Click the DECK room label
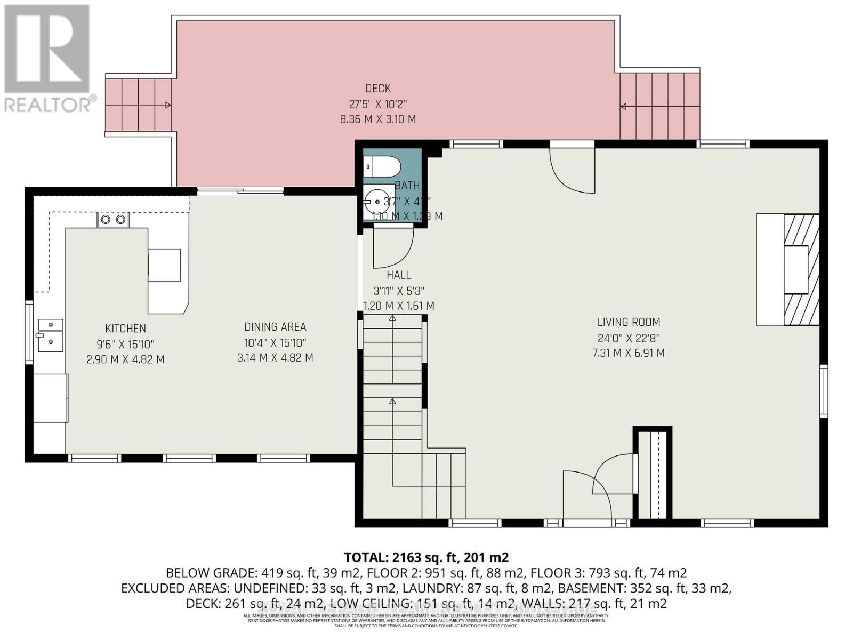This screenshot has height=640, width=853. [377, 89]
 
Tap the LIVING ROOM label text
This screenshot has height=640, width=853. [629, 322]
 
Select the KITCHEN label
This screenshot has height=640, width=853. [125, 329]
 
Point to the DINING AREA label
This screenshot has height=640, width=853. [275, 327]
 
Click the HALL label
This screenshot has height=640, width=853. [399, 275]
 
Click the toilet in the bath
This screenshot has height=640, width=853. [382, 166]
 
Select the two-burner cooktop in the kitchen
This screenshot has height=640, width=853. [113, 219]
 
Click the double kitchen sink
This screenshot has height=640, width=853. [50, 335]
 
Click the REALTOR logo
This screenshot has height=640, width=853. [47, 59]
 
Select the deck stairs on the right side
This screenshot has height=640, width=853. [659, 106]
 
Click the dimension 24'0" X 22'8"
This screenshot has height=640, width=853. [629, 338]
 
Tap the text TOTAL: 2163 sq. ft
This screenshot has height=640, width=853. [426, 557]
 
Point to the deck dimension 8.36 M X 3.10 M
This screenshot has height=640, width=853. [377, 119]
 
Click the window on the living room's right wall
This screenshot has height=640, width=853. [824, 391]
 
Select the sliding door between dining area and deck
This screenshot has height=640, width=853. [240, 190]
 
